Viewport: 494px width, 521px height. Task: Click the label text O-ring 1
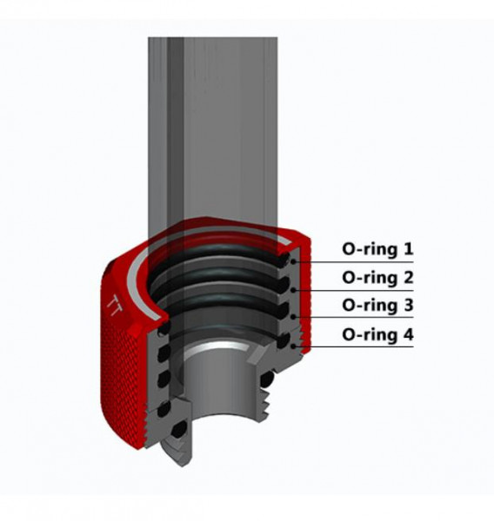(x=377, y=250)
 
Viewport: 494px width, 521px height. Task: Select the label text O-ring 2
(x=377, y=278)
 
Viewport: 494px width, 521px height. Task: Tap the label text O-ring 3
(x=377, y=306)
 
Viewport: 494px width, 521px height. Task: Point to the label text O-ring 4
(x=377, y=333)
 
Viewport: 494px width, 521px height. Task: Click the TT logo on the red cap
(x=114, y=305)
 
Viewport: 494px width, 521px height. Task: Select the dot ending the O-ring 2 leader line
(x=296, y=289)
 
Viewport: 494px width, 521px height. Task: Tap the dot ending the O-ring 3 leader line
(x=296, y=317)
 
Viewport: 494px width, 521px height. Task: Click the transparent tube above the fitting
(x=213, y=130)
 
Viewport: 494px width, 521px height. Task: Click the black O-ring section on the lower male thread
(x=268, y=379)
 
